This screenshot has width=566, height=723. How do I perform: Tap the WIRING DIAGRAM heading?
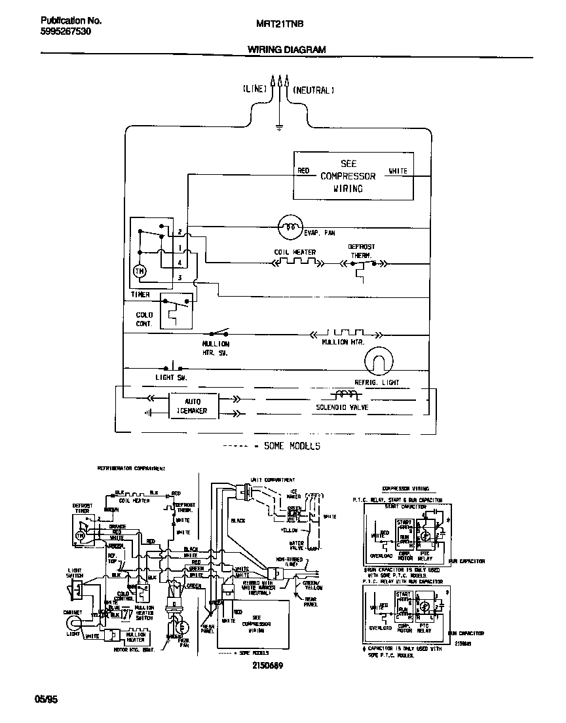tap(286, 49)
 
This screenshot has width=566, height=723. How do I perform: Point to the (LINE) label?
tap(255, 89)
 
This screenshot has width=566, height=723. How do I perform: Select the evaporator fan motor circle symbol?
tap(286, 228)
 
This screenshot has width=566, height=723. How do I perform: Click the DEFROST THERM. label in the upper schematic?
tap(361, 251)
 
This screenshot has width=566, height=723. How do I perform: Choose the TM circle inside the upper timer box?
tap(140, 270)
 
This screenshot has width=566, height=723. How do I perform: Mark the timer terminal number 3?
tap(179, 278)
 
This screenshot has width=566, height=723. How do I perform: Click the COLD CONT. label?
tap(144, 319)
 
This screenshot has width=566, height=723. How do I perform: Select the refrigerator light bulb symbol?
tap(377, 361)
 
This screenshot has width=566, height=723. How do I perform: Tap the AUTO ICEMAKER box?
tap(193, 405)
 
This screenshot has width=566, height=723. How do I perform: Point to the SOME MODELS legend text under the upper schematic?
tap(292, 446)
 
